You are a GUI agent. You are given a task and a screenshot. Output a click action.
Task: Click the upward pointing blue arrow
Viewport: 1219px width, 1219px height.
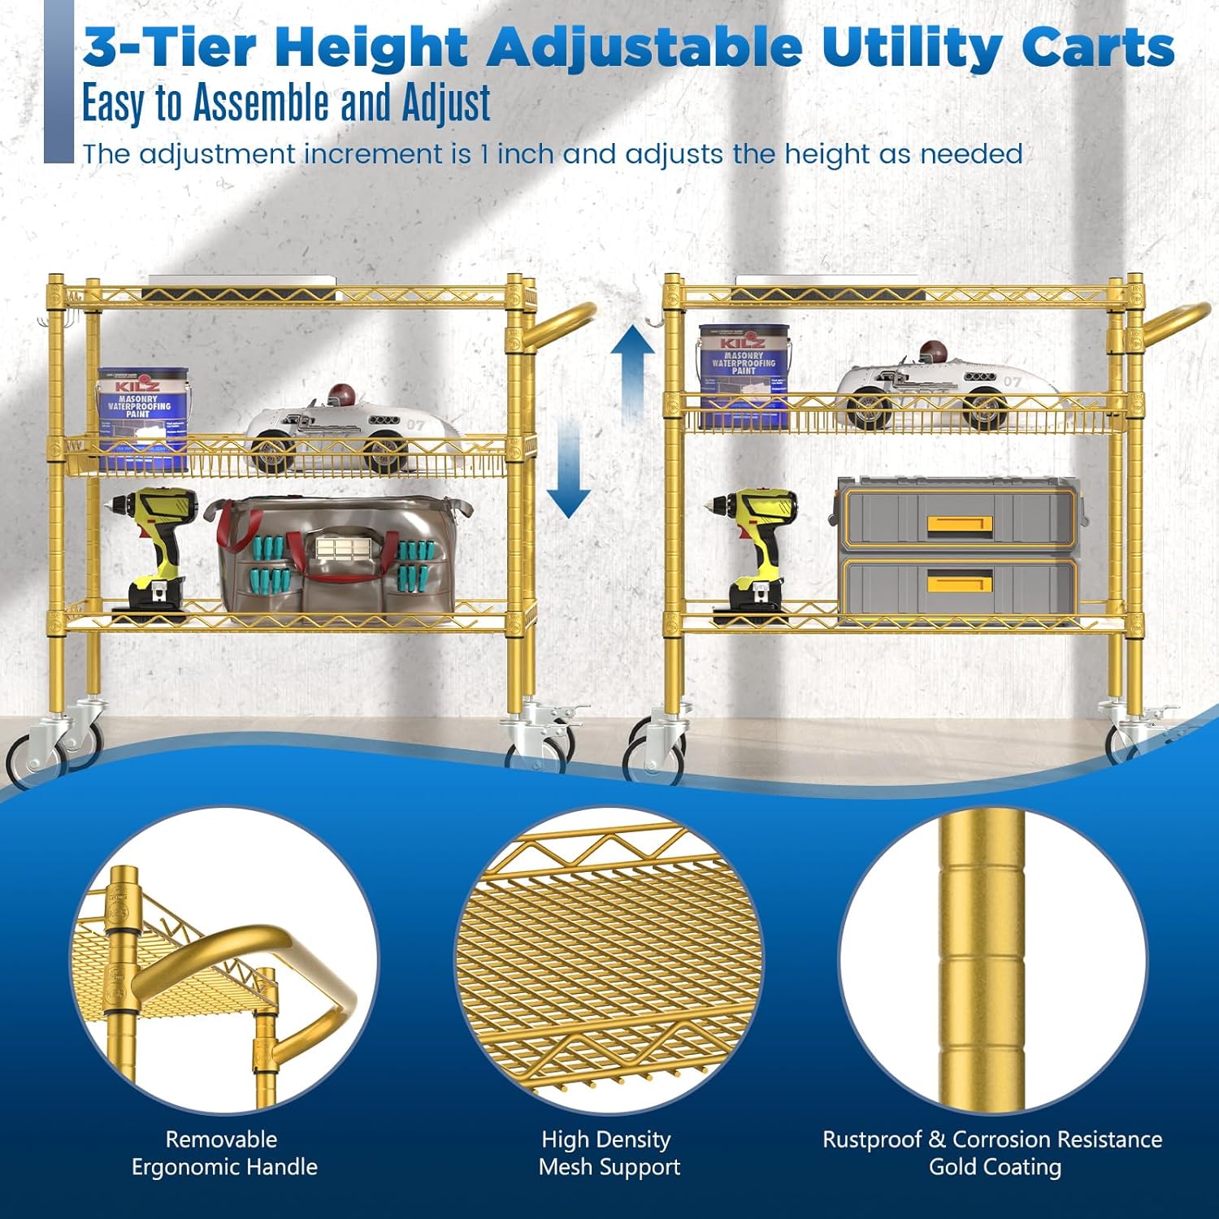point(633,375)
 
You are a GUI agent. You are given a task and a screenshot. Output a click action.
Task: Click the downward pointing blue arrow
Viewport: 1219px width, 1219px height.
point(568,469)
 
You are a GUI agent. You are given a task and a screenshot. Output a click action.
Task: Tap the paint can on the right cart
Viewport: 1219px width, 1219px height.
point(744,375)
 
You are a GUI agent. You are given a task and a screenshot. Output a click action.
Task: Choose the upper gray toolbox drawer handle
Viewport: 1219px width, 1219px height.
point(959,524)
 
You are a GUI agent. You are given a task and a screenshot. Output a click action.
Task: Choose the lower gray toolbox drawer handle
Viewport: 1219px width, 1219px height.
point(959,583)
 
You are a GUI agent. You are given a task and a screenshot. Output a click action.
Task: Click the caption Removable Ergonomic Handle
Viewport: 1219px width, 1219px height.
point(223,1153)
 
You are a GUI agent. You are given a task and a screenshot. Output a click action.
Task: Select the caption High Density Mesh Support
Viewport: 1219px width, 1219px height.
point(609,1153)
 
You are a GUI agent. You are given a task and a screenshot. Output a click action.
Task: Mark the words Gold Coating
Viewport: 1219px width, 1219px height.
point(995,1168)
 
